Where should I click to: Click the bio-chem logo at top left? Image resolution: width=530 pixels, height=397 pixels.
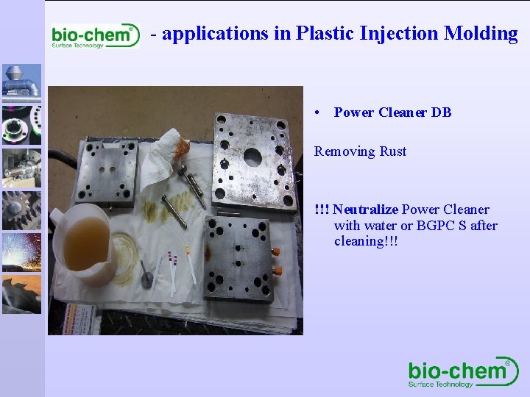pos(93,35)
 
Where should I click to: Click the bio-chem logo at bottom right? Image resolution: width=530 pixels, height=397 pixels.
pos(463,373)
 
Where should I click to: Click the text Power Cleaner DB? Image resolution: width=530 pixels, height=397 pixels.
pos(392,112)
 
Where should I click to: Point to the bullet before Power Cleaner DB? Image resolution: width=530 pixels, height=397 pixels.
pos(316,113)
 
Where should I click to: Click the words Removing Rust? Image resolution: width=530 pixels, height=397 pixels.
pos(360,151)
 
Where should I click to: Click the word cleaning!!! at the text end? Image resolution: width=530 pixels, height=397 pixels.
pos(366,241)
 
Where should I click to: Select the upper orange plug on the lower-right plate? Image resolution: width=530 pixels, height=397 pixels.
pos(275,251)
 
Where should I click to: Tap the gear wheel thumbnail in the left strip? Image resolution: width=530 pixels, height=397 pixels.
pos(21,210)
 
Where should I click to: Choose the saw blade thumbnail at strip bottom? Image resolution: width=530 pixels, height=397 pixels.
pos(21,294)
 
